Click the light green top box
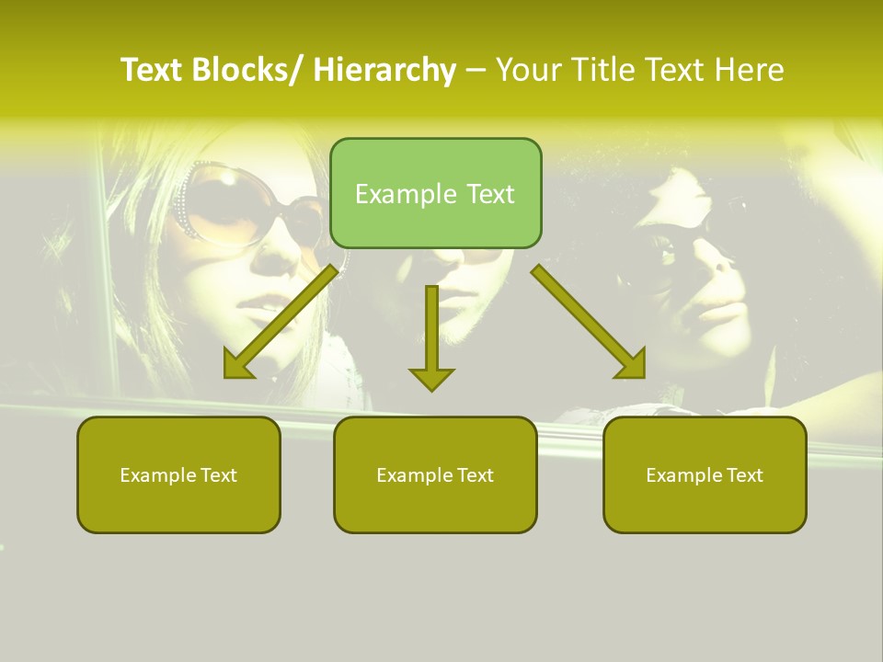435,193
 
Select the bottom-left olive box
178,474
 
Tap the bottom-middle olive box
435,474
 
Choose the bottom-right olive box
705,474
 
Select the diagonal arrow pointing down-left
281,322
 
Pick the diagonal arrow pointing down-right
589,322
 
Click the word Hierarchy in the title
384,70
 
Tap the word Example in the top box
406,194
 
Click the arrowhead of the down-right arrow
631,363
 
